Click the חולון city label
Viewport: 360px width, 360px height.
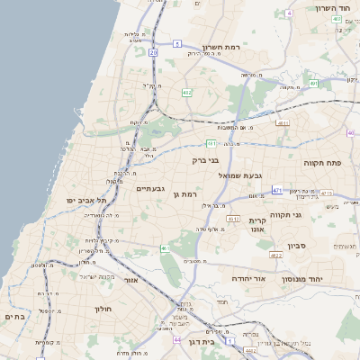pyautogui.click(x=102, y=308)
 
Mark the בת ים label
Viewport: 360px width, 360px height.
pyautogui.click(x=13, y=317)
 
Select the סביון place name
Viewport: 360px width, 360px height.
pyautogui.click(x=297, y=244)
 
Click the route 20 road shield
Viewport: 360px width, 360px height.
pyautogui.click(x=154, y=54)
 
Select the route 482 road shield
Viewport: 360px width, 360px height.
pyautogui.click(x=186, y=92)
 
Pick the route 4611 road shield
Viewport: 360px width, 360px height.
pyautogui.click(x=283, y=122)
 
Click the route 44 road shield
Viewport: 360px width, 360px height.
pyautogui.click(x=177, y=339)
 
